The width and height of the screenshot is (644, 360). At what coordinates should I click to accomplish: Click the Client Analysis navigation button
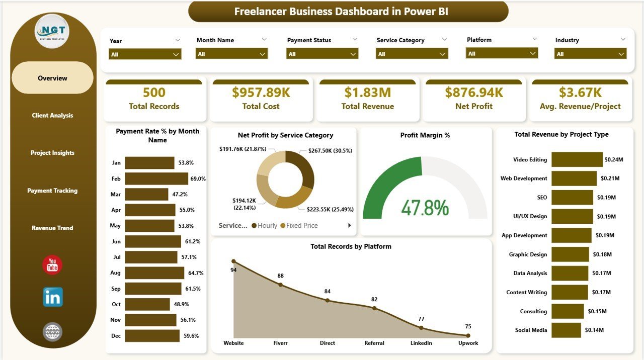52,116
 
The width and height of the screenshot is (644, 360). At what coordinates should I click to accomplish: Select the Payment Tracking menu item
52,191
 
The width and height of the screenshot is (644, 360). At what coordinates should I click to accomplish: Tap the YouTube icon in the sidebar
52,265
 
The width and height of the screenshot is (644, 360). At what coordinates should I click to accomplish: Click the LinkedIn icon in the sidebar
53,297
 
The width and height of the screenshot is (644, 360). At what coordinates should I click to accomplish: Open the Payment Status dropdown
322,54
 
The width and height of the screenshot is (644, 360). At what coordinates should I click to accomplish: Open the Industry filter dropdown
590,54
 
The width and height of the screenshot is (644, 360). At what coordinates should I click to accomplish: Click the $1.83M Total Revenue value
367,93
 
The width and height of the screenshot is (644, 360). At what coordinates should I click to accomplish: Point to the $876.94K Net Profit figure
474,93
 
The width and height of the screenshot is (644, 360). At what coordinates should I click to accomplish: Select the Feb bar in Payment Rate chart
156,178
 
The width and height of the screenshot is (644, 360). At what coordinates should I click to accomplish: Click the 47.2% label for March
180,194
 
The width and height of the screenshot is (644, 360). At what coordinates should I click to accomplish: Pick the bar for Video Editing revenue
577,159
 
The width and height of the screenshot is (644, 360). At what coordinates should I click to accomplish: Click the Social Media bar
566,330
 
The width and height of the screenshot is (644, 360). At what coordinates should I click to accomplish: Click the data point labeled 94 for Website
233,261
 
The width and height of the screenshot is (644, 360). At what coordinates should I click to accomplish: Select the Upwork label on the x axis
468,343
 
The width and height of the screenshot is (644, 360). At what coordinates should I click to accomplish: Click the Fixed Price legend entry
301,226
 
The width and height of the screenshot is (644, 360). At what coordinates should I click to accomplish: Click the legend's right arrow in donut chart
349,226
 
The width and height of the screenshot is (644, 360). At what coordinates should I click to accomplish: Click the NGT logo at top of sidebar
52,31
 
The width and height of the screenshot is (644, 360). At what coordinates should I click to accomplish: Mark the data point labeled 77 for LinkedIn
421,328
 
